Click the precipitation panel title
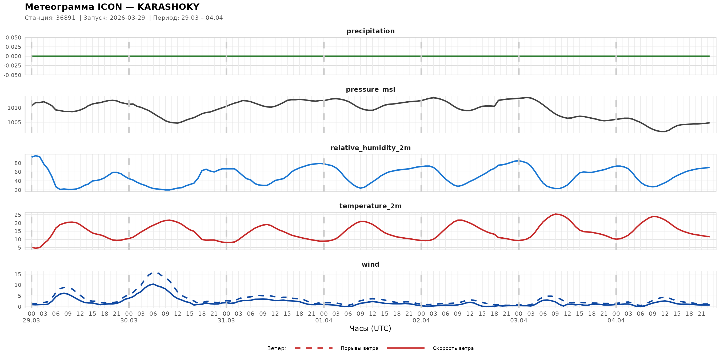[370, 31]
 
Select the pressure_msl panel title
[370, 89]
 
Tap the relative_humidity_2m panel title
[370, 148]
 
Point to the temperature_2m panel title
[370, 206]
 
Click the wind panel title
[370, 265]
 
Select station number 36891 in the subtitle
[66, 18]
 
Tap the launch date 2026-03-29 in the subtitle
[127, 18]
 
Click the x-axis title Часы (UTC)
[370, 329]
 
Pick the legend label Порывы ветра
[359, 348]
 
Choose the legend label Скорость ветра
[453, 348]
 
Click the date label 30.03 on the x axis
[129, 321]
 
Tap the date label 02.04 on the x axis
[421, 321]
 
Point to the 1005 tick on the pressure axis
[14, 122]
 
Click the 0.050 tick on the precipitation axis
[13, 37]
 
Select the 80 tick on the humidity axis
[18, 163]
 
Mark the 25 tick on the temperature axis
[18, 215]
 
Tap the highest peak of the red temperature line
[556, 214]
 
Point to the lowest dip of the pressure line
[663, 131]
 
